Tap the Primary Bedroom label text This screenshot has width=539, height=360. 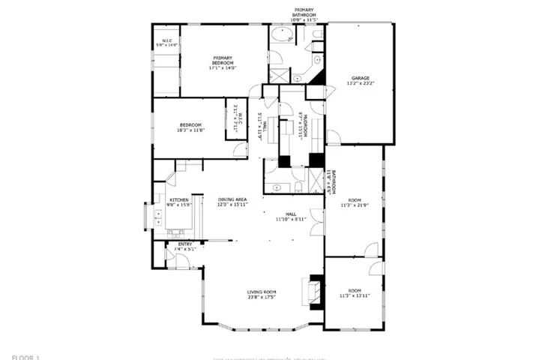coord(223,58)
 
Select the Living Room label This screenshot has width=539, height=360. coord(262,292)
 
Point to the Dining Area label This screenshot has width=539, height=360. coord(232,199)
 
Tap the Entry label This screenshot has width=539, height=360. coord(184,244)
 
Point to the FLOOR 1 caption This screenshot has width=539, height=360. coord(26,356)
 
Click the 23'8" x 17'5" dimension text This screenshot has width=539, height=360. coord(262,297)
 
